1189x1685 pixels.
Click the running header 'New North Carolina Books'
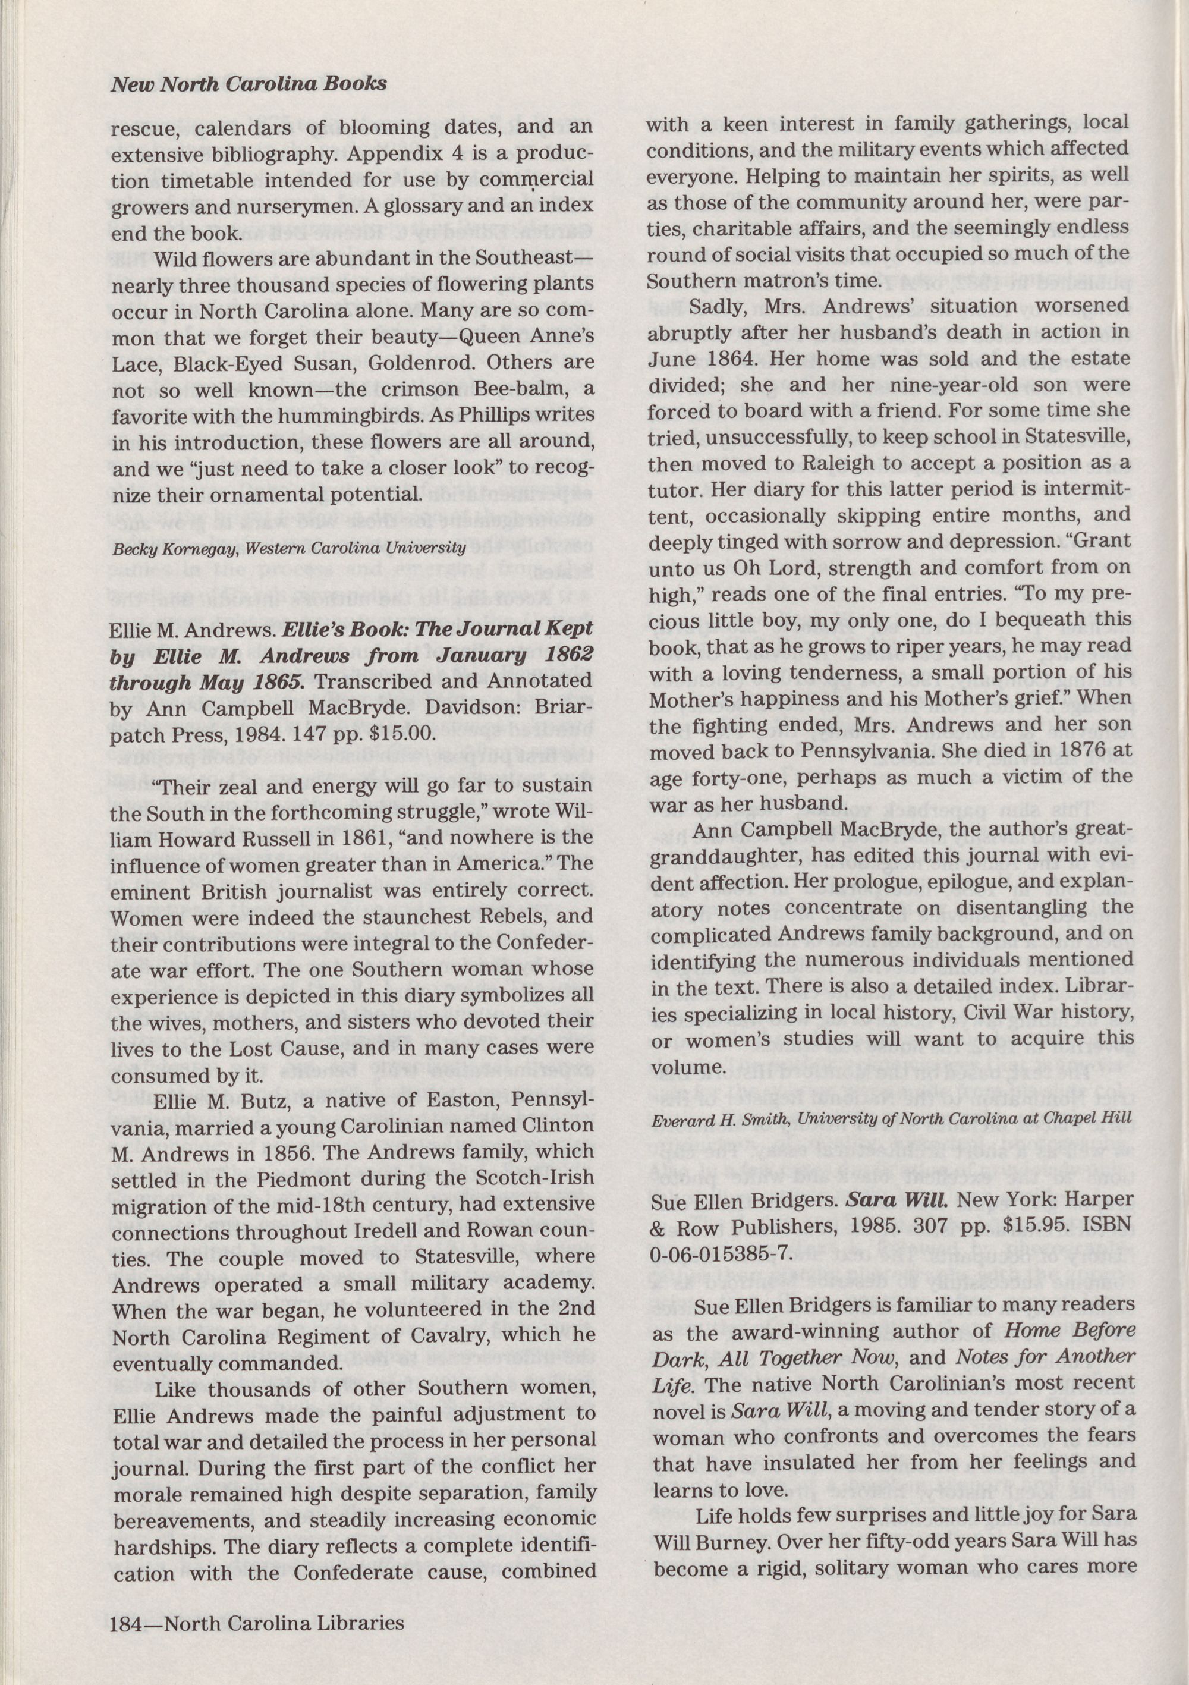point(248,84)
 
